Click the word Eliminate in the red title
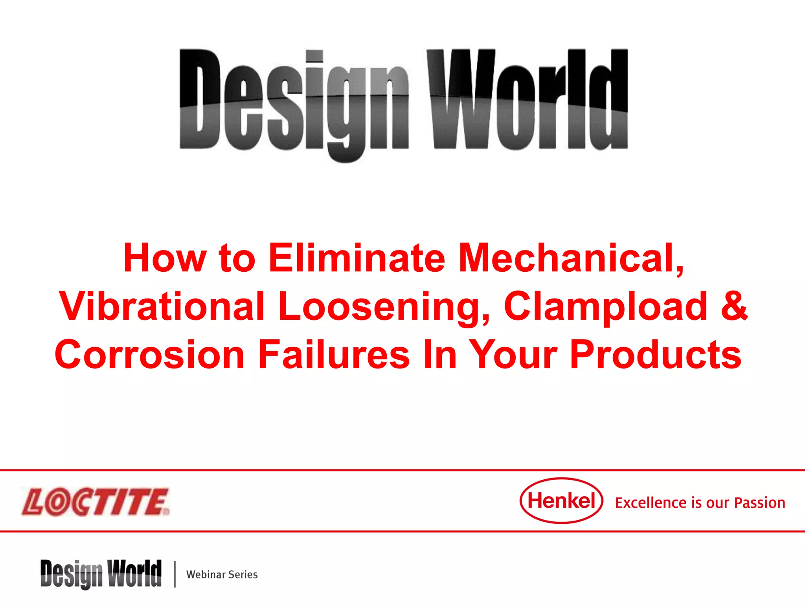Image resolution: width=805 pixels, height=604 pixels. [x=357, y=258]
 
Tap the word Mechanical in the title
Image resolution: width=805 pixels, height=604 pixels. [x=571, y=258]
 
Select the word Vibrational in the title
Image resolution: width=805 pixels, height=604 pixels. [x=162, y=306]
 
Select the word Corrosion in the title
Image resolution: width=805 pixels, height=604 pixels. [x=150, y=355]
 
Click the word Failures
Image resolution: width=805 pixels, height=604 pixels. [x=334, y=355]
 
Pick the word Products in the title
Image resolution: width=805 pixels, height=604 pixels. [x=655, y=355]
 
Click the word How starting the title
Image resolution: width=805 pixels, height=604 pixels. [x=165, y=258]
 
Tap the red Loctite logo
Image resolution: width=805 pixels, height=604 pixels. [x=96, y=502]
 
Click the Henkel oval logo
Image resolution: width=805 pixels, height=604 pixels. [x=561, y=501]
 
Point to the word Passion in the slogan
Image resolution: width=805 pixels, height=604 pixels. [x=759, y=503]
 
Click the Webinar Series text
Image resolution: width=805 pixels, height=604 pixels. [x=222, y=575]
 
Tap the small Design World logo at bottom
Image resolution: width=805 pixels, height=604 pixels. [x=101, y=574]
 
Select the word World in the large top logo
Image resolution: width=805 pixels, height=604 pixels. [x=527, y=100]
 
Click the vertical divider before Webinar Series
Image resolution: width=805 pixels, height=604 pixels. [x=175, y=574]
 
